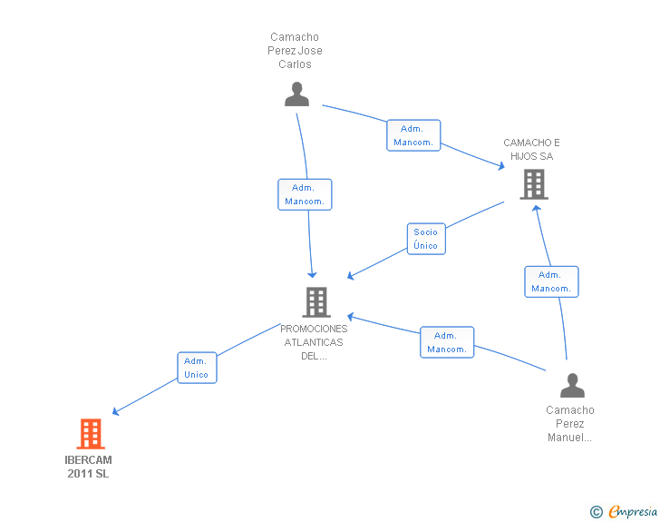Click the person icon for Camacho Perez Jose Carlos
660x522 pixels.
click(x=296, y=94)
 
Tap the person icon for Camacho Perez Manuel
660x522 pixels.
click(x=572, y=386)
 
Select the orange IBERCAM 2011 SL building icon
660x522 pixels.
click(x=91, y=433)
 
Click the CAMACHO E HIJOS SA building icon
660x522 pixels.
click(x=534, y=184)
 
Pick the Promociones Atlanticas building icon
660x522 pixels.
click(x=316, y=302)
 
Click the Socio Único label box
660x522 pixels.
click(x=426, y=239)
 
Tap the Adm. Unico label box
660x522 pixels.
click(x=197, y=368)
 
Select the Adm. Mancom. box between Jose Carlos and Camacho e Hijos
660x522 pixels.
click(x=413, y=135)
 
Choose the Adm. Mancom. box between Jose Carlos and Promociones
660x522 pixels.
click(x=305, y=194)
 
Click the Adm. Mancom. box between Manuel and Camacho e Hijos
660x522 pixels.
click(x=551, y=281)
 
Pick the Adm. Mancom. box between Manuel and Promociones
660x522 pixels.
click(x=447, y=342)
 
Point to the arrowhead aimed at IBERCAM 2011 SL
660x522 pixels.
click(x=116, y=411)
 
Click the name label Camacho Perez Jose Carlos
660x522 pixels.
click(x=295, y=51)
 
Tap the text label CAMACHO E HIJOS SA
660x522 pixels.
click(x=531, y=149)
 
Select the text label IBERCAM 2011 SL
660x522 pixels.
click(x=88, y=467)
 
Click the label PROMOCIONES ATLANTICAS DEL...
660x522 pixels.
click(x=314, y=342)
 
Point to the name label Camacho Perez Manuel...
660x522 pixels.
click(x=570, y=424)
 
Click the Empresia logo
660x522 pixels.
click(x=633, y=511)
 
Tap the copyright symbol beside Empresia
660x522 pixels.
click(x=596, y=512)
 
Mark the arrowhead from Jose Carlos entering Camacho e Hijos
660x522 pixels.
click(x=501, y=166)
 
